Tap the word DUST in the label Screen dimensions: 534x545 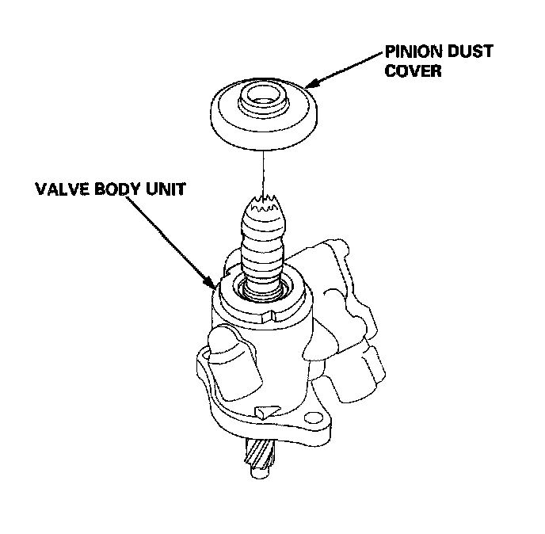467,51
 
